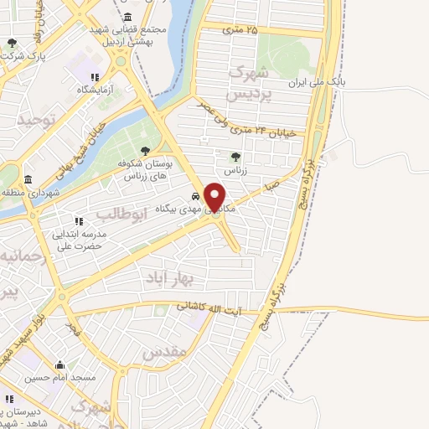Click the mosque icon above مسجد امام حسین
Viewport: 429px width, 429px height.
coord(59,364)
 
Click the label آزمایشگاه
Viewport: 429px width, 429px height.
coord(101,88)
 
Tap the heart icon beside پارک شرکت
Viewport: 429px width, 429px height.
coord(12,43)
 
